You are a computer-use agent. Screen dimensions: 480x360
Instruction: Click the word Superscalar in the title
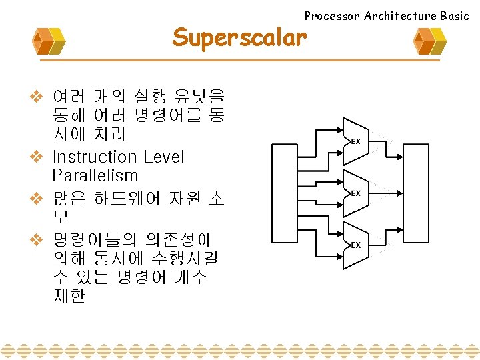pyautogui.click(x=239, y=37)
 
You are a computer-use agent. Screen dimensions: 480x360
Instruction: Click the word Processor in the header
pyautogui.click(x=332, y=15)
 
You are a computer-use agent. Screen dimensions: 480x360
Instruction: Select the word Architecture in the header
pyautogui.click(x=399, y=15)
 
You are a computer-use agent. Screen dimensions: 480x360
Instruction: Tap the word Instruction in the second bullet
pyautogui.click(x=94, y=157)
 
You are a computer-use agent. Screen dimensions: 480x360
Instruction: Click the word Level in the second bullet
pyautogui.click(x=163, y=157)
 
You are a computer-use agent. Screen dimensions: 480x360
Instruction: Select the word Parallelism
pyautogui.click(x=95, y=176)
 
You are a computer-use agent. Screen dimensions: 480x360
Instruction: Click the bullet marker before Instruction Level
pyautogui.click(x=37, y=157)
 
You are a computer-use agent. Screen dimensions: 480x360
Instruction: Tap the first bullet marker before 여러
pyautogui.click(x=37, y=96)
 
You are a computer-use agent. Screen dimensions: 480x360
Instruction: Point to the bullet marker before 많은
pyautogui.click(x=37, y=198)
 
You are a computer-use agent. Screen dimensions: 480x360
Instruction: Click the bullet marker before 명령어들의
pyautogui.click(x=37, y=238)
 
